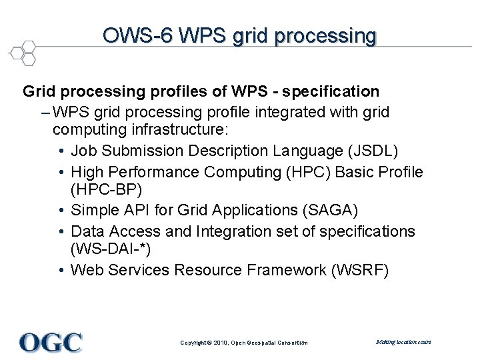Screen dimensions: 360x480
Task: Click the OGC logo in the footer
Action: (51, 342)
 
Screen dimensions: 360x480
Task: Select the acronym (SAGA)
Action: (330, 211)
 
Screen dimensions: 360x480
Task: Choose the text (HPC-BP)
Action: (107, 191)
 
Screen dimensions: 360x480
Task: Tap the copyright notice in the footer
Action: (244, 343)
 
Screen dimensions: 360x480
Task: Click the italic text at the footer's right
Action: (403, 342)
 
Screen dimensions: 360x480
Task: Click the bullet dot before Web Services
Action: (61, 271)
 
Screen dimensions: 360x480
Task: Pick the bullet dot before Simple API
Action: (61, 211)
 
